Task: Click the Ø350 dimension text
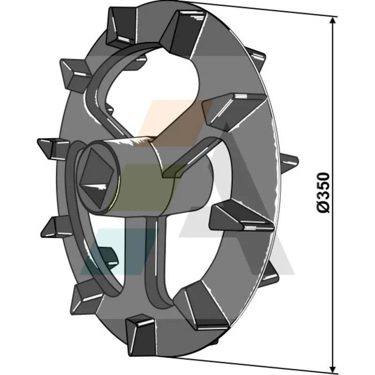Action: coord(323,192)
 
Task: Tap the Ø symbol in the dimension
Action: coord(323,207)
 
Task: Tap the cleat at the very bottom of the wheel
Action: coord(141,336)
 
